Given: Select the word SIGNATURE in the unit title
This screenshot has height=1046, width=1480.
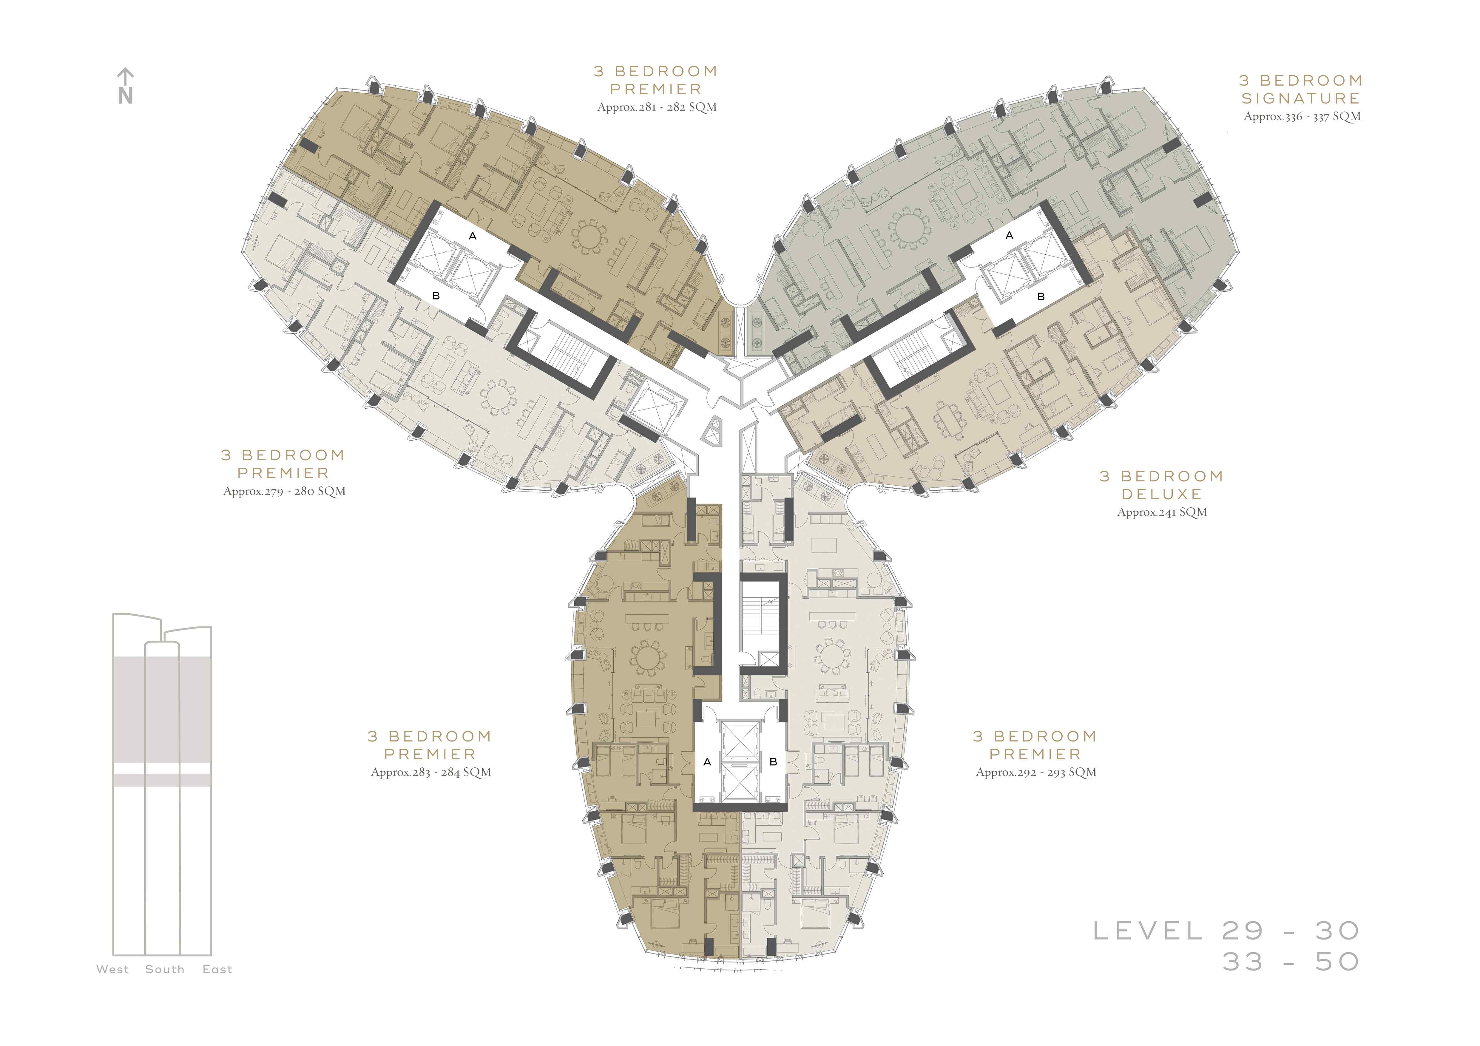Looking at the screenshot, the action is tap(1301, 99).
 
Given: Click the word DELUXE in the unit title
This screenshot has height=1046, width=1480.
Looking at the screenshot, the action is tap(1162, 494).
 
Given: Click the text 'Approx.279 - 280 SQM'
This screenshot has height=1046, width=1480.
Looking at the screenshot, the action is tap(284, 491).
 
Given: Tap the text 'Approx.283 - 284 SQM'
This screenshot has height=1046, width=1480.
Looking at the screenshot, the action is tap(430, 772).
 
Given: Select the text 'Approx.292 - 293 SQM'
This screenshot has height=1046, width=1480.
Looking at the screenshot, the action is tap(1036, 772).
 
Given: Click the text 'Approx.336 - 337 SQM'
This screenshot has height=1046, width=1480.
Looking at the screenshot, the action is tap(1302, 117).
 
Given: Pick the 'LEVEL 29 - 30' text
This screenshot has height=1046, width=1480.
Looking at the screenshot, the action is tap(1227, 931).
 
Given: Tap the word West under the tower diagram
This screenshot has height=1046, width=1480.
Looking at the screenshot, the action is tap(113, 969).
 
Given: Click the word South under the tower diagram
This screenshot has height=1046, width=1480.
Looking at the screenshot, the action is tap(165, 969).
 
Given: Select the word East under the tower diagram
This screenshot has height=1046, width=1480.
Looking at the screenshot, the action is tap(217, 969).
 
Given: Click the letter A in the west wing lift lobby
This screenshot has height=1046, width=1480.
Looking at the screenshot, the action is tap(473, 236).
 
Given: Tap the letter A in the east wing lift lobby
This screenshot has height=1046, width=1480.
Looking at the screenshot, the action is tap(1010, 235).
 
